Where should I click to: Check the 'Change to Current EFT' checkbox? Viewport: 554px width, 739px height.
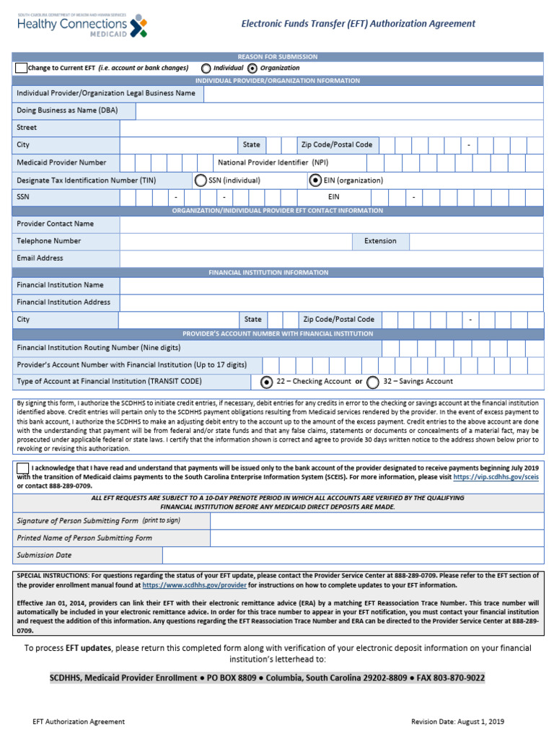21,68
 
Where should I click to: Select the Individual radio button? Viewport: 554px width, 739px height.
206,68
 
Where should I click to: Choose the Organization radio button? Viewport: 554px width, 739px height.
252,68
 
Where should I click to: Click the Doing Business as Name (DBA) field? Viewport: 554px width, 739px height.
339,110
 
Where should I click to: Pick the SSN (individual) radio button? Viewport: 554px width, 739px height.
201,180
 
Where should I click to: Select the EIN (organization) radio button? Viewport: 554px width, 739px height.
315,180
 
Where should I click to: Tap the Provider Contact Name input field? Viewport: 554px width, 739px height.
332,224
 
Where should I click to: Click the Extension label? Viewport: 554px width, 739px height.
380,241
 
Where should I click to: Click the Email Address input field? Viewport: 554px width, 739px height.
332,258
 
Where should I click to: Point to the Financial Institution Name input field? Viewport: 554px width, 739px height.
332,286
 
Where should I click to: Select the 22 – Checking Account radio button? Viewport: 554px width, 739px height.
266,382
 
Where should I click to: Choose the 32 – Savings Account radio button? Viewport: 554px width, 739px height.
373,382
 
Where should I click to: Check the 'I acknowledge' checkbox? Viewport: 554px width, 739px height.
22,468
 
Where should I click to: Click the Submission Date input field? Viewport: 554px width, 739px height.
353,555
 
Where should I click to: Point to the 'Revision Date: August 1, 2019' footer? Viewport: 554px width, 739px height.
457,722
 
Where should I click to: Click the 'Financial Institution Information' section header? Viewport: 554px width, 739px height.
278,273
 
